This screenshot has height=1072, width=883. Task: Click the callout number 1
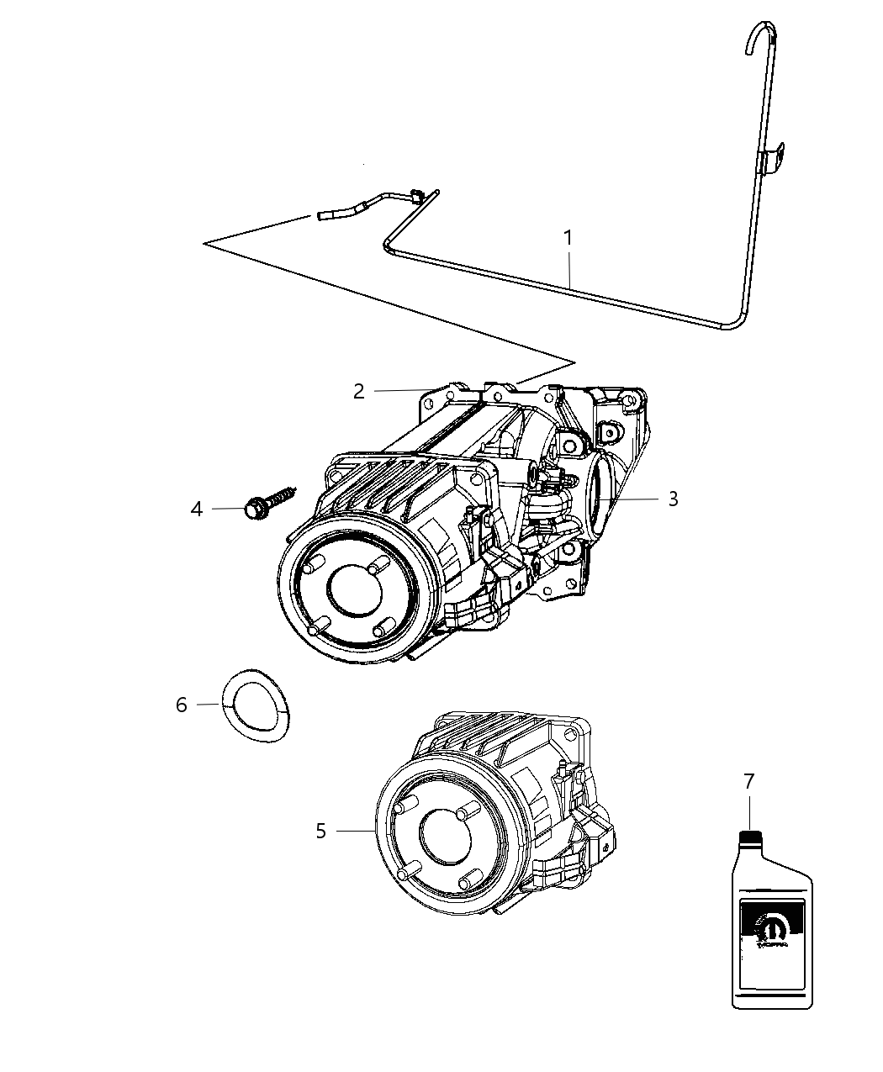click(x=568, y=238)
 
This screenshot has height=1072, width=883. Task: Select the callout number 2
click(x=359, y=391)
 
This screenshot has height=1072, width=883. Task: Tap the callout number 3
click(x=673, y=499)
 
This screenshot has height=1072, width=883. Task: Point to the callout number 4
click(x=197, y=509)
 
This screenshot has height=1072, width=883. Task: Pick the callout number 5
click(x=320, y=831)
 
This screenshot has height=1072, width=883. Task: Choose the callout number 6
click(x=182, y=705)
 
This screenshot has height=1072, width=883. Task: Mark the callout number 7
click(x=748, y=781)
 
